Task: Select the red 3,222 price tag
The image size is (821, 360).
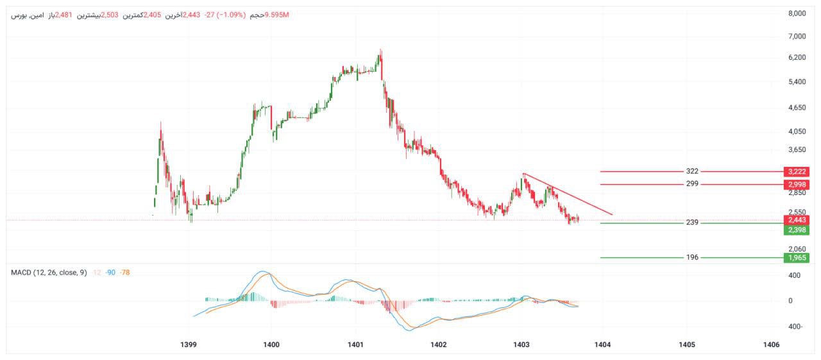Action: (x=797, y=172)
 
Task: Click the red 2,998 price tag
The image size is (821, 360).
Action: (x=797, y=185)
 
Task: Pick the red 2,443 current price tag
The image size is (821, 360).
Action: (x=797, y=220)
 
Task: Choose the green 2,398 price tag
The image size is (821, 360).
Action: (x=797, y=230)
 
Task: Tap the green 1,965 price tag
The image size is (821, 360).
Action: (x=797, y=258)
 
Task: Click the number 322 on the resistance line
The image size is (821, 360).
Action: (x=692, y=171)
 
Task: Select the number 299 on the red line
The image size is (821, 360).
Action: (x=692, y=184)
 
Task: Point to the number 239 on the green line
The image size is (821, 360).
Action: (x=692, y=223)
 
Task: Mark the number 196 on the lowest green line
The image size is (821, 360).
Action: (x=692, y=257)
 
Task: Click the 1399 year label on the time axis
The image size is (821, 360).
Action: (x=189, y=345)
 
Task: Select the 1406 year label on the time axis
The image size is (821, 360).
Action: (x=771, y=345)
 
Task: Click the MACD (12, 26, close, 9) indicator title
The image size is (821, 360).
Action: (x=49, y=273)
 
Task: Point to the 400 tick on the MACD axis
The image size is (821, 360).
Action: (x=794, y=275)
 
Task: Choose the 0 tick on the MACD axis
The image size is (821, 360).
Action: (x=791, y=300)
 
